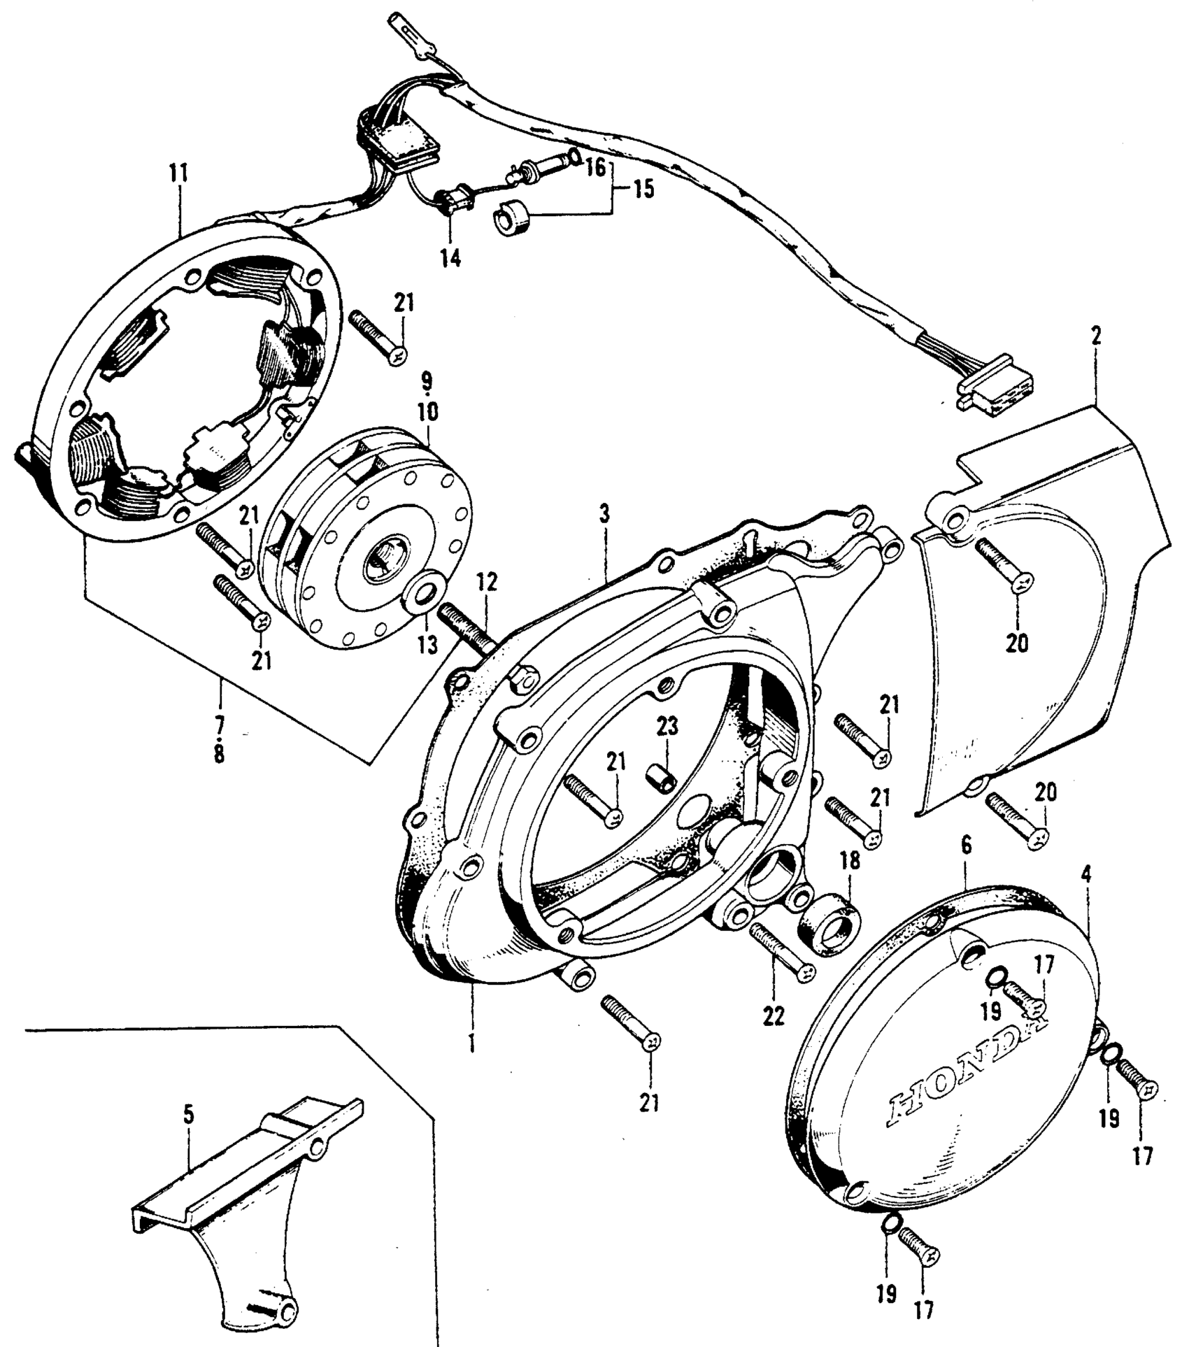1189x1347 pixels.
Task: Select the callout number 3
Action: click(604, 516)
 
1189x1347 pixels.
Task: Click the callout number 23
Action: click(667, 728)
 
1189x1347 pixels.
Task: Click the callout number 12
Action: click(487, 581)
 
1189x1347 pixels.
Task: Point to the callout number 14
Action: click(451, 258)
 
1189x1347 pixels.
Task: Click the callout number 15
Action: click(644, 189)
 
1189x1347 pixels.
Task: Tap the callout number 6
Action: click(966, 846)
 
